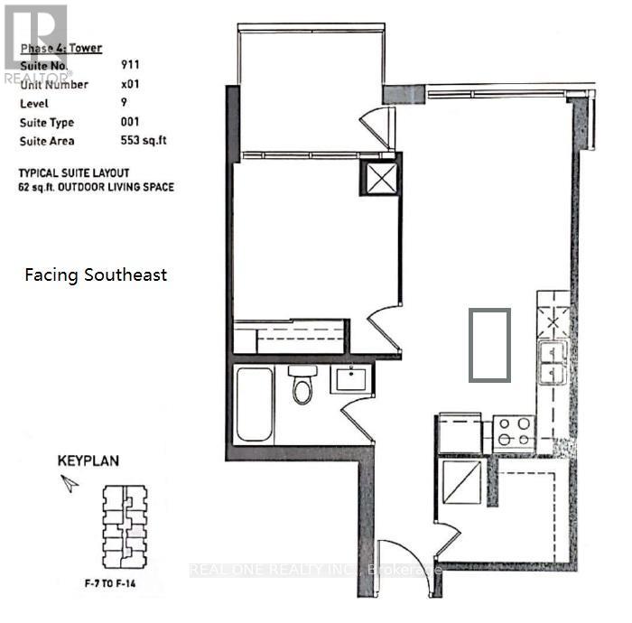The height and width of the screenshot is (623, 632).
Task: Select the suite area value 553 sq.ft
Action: tap(144, 141)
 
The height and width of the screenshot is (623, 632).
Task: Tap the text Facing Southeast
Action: tap(96, 275)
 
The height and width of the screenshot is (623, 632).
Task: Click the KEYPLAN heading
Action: tap(88, 460)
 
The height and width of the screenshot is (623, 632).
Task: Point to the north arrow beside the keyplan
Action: tap(69, 484)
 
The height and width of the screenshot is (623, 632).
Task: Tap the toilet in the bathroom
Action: tap(301, 386)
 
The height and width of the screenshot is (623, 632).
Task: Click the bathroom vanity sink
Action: tap(348, 379)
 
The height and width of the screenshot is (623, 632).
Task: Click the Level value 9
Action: tap(124, 103)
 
